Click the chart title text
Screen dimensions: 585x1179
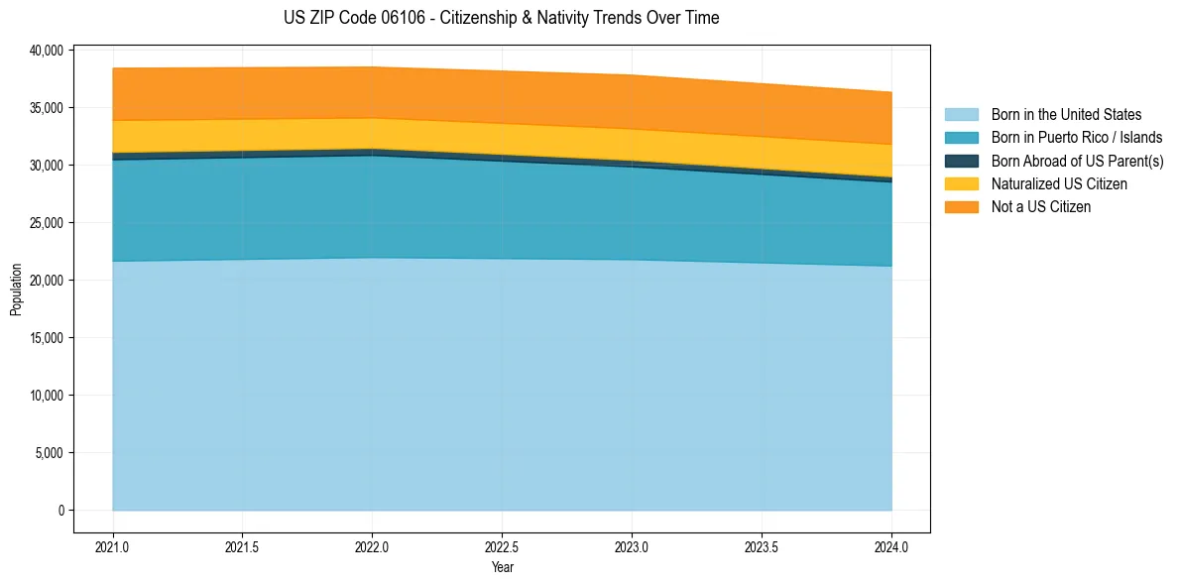(501, 18)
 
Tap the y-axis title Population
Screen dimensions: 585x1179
(16, 290)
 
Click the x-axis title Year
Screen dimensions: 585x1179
(502, 567)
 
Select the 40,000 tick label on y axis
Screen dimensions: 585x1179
(47, 50)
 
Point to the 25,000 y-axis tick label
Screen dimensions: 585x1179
(47, 223)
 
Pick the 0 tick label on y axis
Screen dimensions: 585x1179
(60, 511)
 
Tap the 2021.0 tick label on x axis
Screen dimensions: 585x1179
(113, 546)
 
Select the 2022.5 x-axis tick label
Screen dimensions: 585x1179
(502, 546)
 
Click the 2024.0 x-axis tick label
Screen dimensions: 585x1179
(891, 546)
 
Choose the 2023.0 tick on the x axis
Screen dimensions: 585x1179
(632, 546)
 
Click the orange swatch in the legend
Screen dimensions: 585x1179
(961, 207)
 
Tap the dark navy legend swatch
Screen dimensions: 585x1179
(961, 161)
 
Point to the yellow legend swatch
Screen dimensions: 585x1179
(961, 184)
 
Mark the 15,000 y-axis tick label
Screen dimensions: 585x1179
(47, 338)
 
